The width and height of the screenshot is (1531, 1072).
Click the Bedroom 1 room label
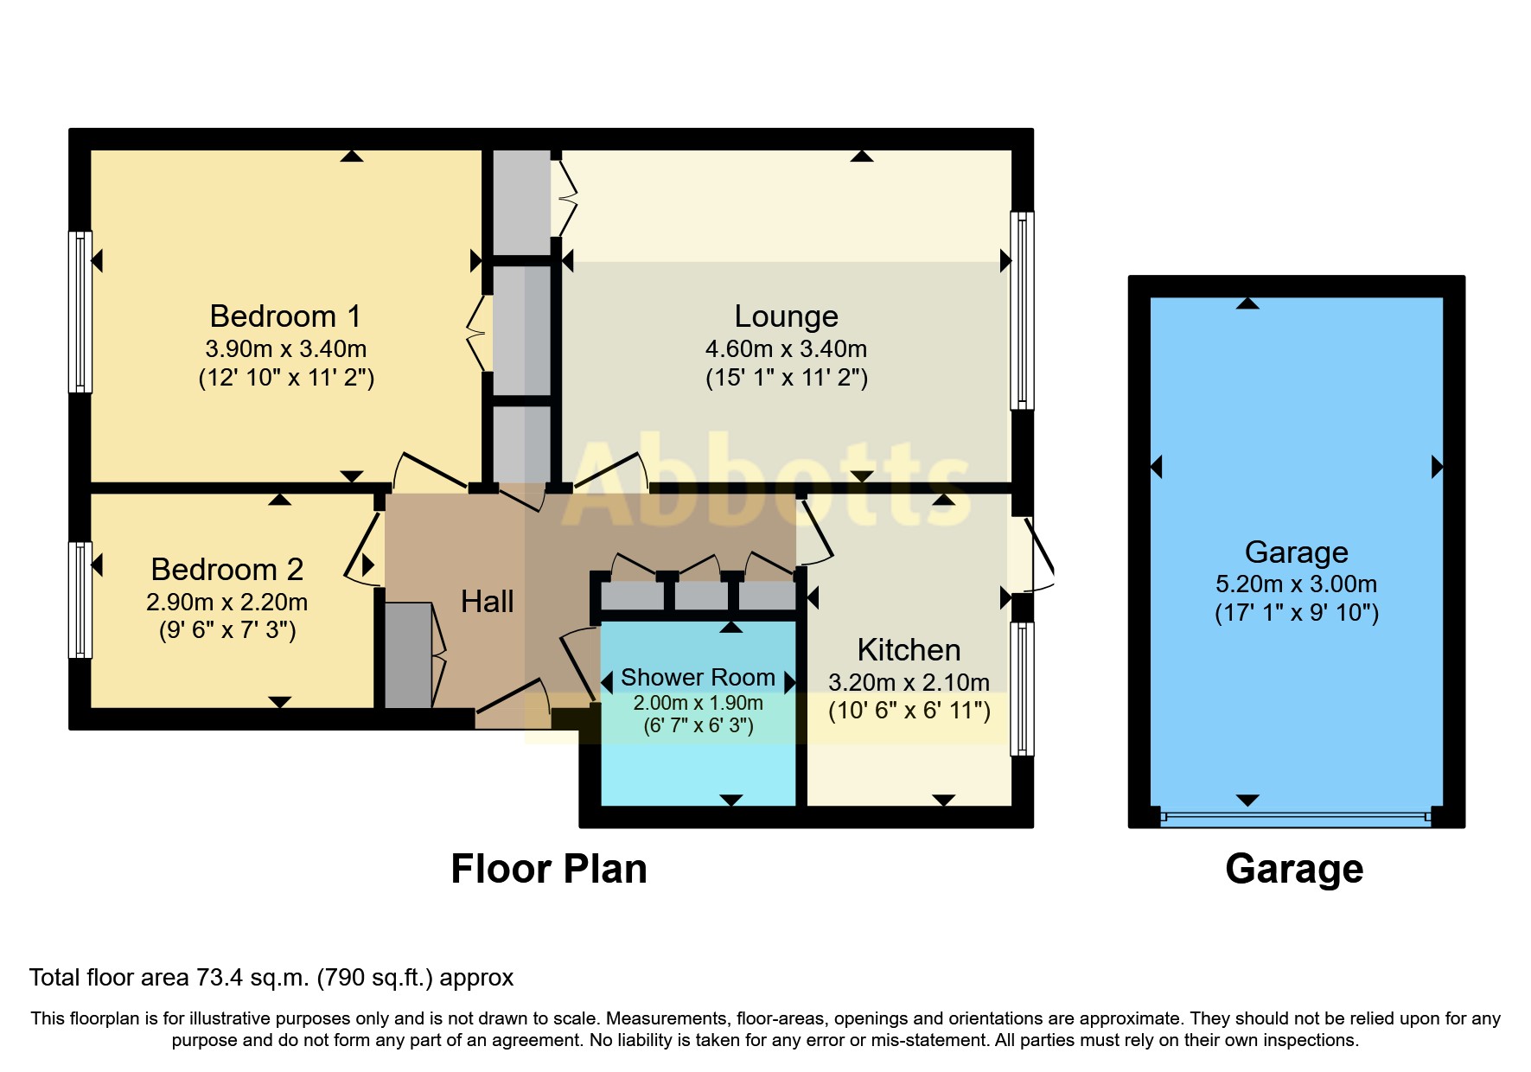tap(284, 316)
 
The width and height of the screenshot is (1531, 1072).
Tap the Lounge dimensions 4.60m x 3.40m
tap(785, 349)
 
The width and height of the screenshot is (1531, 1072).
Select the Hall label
tap(487, 602)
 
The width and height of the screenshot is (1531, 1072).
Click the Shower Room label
tap(697, 677)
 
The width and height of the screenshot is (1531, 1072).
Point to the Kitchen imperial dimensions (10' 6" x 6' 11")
tap(909, 711)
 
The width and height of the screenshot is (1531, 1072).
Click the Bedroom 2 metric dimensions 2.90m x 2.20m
tap(226, 603)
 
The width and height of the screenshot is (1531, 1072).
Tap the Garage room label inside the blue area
tap(1296, 552)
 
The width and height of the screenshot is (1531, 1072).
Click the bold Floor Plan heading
tap(548, 869)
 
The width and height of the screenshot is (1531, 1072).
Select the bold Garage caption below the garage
tap(1293, 869)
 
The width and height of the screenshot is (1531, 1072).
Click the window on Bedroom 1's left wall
tap(80, 312)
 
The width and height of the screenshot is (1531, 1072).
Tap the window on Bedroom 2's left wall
tap(80, 599)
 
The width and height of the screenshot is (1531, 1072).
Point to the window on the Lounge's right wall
tap(1022, 310)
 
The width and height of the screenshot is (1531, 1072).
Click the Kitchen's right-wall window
tap(1022, 688)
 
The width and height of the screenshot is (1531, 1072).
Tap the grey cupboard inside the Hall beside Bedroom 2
tap(407, 656)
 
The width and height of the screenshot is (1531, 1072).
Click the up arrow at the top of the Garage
tap(1247, 303)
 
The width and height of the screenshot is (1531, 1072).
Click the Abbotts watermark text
tap(769, 484)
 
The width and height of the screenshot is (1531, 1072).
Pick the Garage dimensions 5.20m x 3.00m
tap(1296, 584)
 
